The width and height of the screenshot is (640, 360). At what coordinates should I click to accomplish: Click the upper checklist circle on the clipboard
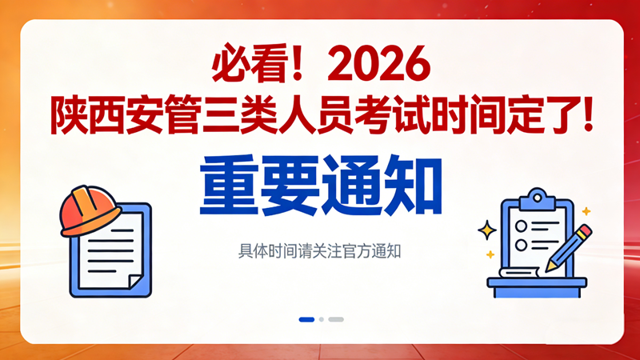click(x=521, y=223)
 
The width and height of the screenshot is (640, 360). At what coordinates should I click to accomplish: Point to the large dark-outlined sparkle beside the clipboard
click(x=486, y=230)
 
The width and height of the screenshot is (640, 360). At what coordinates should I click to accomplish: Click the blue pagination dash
click(x=306, y=319)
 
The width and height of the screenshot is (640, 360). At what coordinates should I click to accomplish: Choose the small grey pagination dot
click(x=322, y=319)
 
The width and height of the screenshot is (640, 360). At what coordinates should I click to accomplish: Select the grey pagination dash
click(x=336, y=319)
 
